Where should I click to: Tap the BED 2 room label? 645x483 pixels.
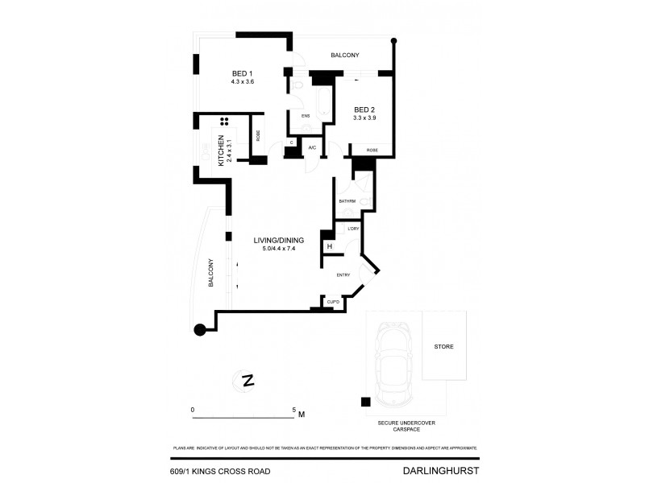point(364,109)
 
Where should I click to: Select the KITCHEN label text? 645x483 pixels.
point(222,152)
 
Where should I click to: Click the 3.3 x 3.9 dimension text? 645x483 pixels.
point(364,118)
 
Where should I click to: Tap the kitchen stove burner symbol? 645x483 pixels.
point(225,122)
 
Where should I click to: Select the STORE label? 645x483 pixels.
point(443,347)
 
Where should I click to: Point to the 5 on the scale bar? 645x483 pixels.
point(294,410)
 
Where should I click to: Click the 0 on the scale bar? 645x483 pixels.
point(193,410)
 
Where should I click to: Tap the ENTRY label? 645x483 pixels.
point(343,275)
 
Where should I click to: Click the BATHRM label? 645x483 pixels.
point(347,200)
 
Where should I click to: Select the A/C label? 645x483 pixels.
point(312,147)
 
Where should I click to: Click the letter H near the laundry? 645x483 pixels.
point(329,246)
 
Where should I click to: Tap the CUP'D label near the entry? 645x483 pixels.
point(331,302)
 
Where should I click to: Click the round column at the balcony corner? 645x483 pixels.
point(200,328)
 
